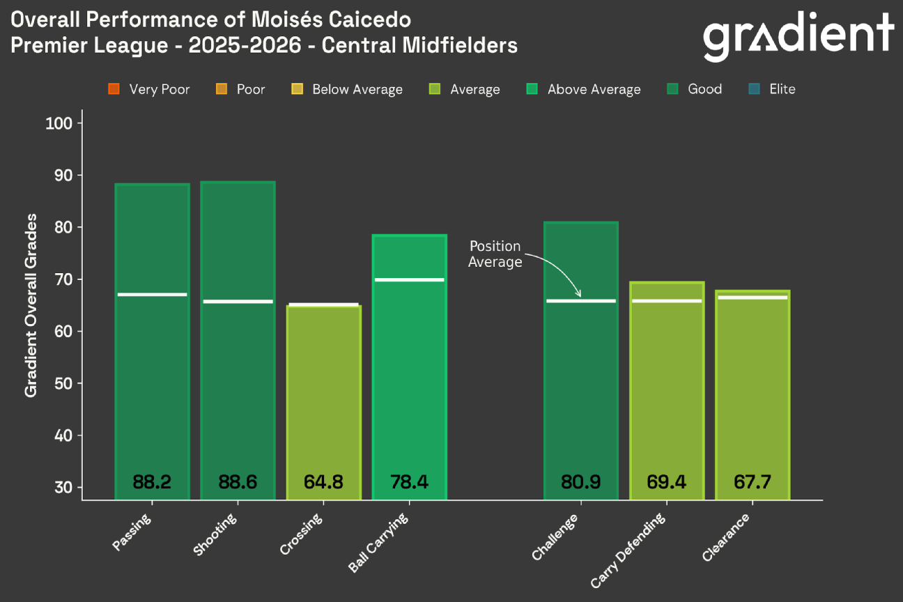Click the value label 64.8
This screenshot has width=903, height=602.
[323, 481]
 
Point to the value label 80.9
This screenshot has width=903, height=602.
[580, 481]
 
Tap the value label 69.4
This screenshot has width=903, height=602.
[667, 481]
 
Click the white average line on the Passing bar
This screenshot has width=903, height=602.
[152, 295]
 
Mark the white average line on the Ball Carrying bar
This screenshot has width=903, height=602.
[409, 280]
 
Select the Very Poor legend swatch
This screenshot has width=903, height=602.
[114, 89]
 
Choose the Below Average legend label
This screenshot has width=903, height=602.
[357, 89]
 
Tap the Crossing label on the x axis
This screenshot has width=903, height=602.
[302, 535]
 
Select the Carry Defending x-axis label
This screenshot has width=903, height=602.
[628, 550]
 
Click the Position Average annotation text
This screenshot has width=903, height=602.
[495, 254]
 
